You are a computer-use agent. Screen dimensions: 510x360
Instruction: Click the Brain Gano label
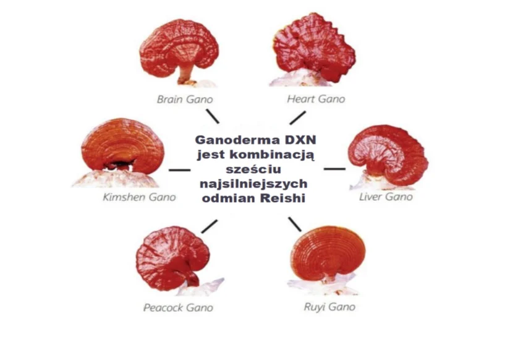click(x=185, y=99)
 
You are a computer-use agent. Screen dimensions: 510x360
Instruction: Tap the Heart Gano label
click(x=316, y=99)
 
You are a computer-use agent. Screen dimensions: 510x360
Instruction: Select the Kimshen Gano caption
click(x=139, y=197)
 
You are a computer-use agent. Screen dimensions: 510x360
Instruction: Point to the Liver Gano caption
click(x=386, y=197)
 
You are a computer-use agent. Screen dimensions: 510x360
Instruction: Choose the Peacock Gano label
click(x=178, y=307)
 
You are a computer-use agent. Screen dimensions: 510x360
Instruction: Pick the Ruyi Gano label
click(x=329, y=307)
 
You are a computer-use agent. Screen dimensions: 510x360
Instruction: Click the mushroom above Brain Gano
click(x=179, y=52)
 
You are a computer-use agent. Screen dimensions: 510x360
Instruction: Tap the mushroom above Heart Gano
click(x=314, y=49)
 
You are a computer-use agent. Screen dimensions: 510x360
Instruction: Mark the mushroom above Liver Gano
click(x=388, y=156)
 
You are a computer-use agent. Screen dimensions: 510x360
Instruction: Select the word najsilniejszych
click(x=253, y=184)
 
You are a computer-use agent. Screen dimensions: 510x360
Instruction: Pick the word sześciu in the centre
click(x=253, y=169)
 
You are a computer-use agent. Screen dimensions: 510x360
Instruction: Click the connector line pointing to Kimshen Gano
click(x=179, y=170)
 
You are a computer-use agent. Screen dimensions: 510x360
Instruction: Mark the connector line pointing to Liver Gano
click(x=334, y=169)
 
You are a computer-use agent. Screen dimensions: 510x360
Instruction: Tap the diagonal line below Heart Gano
click(x=297, y=118)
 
